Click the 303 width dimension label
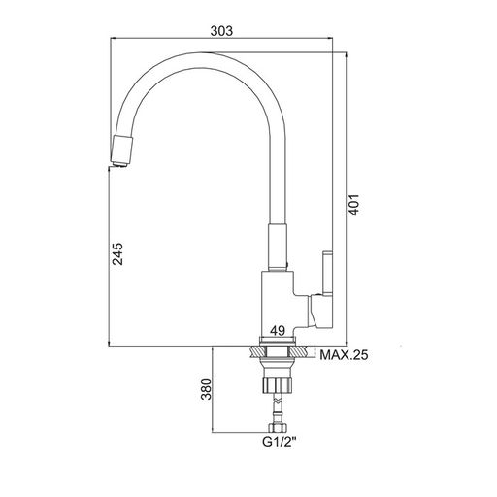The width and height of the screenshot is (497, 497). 221,31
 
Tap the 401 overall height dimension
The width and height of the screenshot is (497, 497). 354,205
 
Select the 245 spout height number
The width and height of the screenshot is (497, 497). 117,253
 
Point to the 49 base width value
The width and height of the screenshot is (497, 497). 278,331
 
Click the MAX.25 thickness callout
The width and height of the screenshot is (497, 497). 344,355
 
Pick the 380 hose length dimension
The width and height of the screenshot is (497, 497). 206,388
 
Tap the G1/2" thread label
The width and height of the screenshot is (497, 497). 279,442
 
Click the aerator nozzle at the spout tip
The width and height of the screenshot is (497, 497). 121,151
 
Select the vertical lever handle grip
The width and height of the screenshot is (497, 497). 327,273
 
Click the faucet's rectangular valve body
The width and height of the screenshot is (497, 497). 278,304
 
